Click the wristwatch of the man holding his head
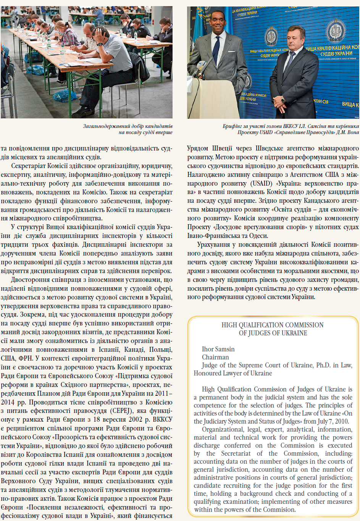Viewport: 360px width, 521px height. pyautogui.click(x=100, y=44)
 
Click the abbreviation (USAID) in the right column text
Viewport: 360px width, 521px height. pyautogui.click(x=262, y=183)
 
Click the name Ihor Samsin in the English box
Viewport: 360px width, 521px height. pyautogui.click(x=218, y=349)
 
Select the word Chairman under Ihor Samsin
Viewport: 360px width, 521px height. pyautogui.click(x=215, y=357)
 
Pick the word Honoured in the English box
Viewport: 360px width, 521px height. pyautogui.click(x=208, y=373)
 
